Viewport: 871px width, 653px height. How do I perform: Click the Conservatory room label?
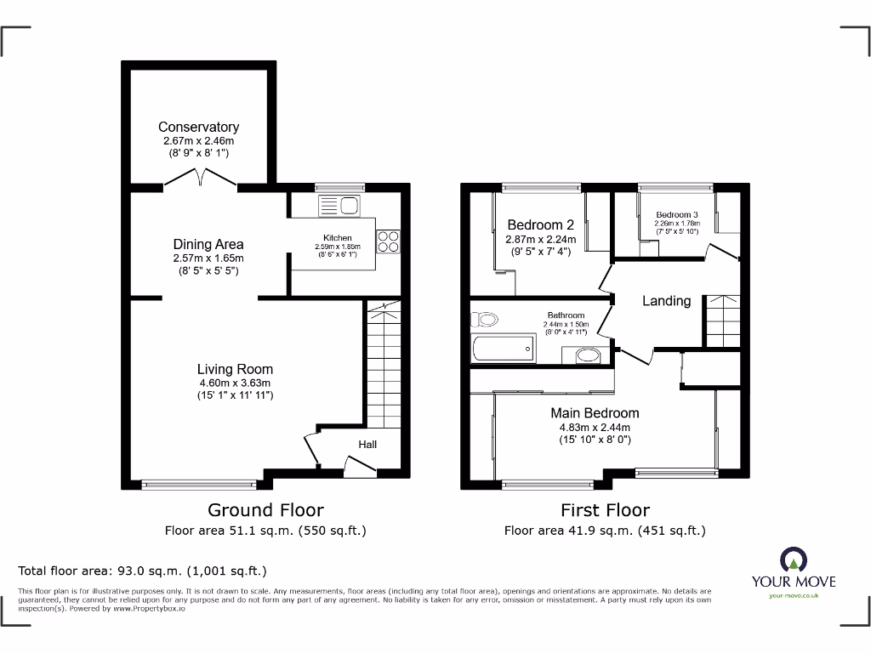point(198,128)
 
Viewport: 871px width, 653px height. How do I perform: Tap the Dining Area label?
point(208,244)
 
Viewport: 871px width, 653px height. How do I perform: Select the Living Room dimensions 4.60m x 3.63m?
point(235,383)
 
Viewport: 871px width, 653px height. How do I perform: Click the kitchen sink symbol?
point(339,205)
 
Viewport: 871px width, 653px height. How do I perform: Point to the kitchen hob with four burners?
point(388,241)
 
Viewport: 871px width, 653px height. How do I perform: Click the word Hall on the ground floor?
point(367,444)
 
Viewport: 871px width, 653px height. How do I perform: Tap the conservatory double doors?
point(201,178)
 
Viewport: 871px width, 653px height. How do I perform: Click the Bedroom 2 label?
point(540,225)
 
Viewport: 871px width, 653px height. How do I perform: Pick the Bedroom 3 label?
point(677,214)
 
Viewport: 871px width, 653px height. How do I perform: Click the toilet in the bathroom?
point(486,321)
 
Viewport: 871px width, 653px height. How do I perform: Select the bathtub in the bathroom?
point(503,349)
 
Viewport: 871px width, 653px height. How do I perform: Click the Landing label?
point(666,301)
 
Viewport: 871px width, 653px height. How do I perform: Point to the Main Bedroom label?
point(595,413)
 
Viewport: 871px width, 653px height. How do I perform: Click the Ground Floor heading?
point(265,510)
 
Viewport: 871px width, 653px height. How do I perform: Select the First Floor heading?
point(605,510)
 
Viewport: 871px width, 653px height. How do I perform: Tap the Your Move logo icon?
point(793,559)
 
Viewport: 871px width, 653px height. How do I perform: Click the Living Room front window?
point(200,485)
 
